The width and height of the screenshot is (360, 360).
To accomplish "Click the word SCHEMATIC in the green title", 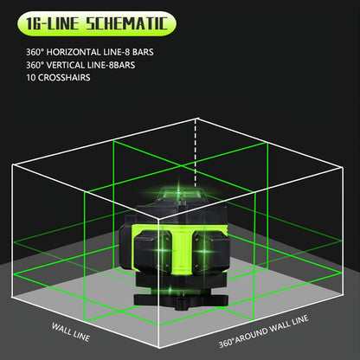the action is [127, 23].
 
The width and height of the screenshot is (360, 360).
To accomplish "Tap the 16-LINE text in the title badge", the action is [52, 23].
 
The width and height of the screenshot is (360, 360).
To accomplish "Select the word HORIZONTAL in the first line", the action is [70, 52].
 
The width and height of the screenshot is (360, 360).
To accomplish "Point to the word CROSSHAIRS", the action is [64, 78].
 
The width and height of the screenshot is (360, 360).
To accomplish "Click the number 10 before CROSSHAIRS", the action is [31, 78].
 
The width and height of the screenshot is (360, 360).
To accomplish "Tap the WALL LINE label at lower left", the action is [71, 332].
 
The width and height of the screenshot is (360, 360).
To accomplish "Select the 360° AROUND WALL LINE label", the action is [263, 331].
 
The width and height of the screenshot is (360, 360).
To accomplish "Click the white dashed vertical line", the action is [196, 152].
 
